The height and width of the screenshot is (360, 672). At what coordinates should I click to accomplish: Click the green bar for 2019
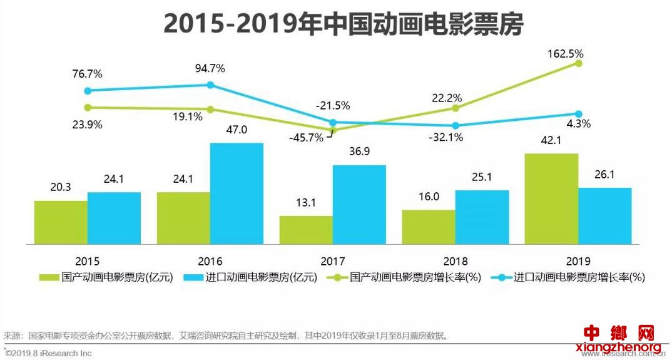click(551, 198)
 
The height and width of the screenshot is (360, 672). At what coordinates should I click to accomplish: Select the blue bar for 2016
click(237, 193)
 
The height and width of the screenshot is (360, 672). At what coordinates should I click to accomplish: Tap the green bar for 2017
click(306, 230)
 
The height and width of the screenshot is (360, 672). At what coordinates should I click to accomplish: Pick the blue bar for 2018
click(482, 217)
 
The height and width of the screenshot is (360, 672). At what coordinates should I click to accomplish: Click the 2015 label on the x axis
click(87, 261)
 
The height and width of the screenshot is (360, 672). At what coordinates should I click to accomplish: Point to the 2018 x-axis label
click(455, 261)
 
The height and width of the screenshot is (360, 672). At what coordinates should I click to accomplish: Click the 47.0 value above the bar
click(236, 130)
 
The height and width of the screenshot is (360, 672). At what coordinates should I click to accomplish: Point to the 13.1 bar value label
click(306, 203)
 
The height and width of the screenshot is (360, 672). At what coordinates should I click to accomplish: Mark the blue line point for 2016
click(210, 85)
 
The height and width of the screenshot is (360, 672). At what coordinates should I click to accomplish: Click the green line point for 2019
click(579, 63)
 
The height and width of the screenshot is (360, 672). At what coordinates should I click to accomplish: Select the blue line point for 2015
click(88, 91)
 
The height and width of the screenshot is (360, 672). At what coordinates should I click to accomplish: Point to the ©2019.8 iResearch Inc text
click(48, 353)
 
